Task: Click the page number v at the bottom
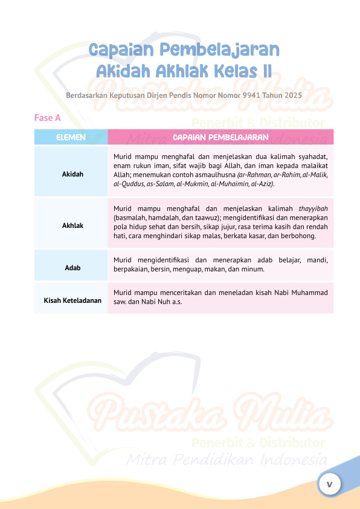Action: click(x=330, y=484)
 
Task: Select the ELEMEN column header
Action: click(x=71, y=137)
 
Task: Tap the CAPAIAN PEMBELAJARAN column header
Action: click(x=220, y=137)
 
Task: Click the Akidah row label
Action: click(x=72, y=174)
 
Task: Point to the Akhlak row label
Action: click(x=72, y=225)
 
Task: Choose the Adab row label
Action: click(x=72, y=267)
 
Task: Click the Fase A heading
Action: click(x=47, y=118)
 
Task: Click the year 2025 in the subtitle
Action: click(x=291, y=96)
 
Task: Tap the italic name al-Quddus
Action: click(x=126, y=183)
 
